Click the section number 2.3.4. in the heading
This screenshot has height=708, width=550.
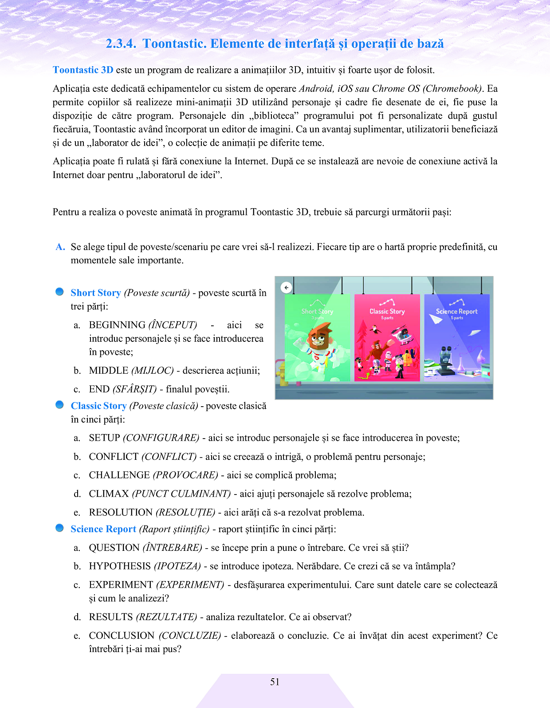pyautogui.click(x=121, y=44)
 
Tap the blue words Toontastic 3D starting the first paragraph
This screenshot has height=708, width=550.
pyautogui.click(x=83, y=70)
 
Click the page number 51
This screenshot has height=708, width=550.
pyautogui.click(x=275, y=682)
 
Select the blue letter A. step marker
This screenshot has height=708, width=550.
pyautogui.click(x=60, y=247)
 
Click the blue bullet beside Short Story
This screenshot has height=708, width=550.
pyautogui.click(x=59, y=292)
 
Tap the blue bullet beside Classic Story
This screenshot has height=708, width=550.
pyautogui.click(x=59, y=404)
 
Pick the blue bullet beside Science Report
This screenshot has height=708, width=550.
pyautogui.click(x=59, y=528)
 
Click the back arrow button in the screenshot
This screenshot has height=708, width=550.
pyautogui.click(x=287, y=288)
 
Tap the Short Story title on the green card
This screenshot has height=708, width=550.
pyautogui.click(x=317, y=312)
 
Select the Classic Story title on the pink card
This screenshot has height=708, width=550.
pyautogui.click(x=387, y=312)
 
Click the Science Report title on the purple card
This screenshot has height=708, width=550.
pyautogui.click(x=456, y=312)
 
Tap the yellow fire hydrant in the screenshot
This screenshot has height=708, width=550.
pyautogui.click(x=280, y=371)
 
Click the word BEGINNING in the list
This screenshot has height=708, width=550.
pyautogui.click(x=117, y=325)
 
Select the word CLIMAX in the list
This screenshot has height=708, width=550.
pyautogui.click(x=109, y=494)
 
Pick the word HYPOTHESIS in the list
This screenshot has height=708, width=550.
pyautogui.click(x=120, y=566)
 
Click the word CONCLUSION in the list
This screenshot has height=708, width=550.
pyautogui.click(x=122, y=636)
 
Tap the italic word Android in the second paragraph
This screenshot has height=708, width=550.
pyautogui.click(x=316, y=89)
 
